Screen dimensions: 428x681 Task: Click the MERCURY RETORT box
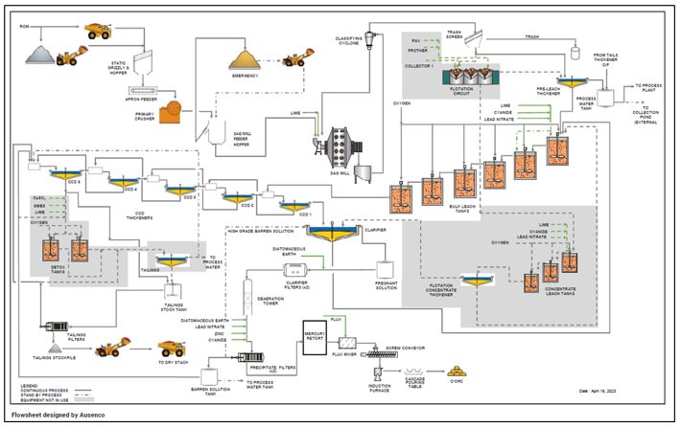(316, 331)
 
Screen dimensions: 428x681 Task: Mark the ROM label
(24, 26)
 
